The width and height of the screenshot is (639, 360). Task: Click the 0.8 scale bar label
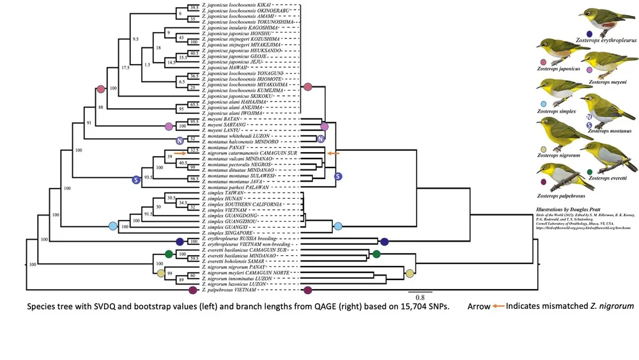point(421,297)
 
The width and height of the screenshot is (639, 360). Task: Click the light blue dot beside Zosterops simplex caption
point(544,103)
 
